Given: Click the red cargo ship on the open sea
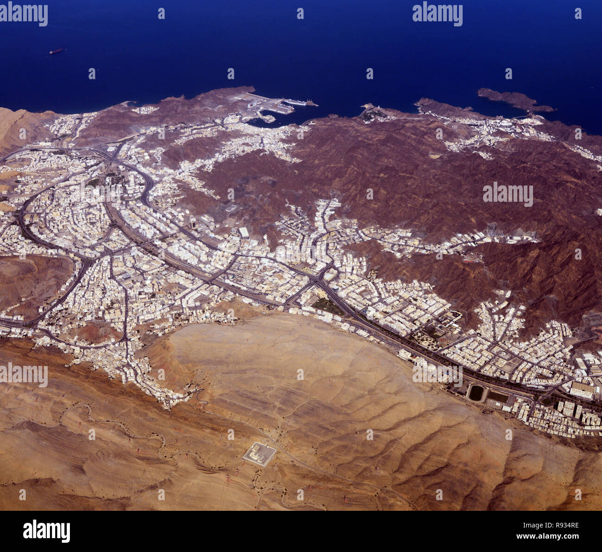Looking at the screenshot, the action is [56, 51].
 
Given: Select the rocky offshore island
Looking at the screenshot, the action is [514, 99].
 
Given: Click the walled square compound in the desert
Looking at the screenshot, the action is [259, 454].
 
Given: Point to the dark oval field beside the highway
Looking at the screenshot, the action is [476, 393].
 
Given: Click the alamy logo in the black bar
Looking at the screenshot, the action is [46, 531].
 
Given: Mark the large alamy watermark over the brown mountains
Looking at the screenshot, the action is [508, 195].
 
